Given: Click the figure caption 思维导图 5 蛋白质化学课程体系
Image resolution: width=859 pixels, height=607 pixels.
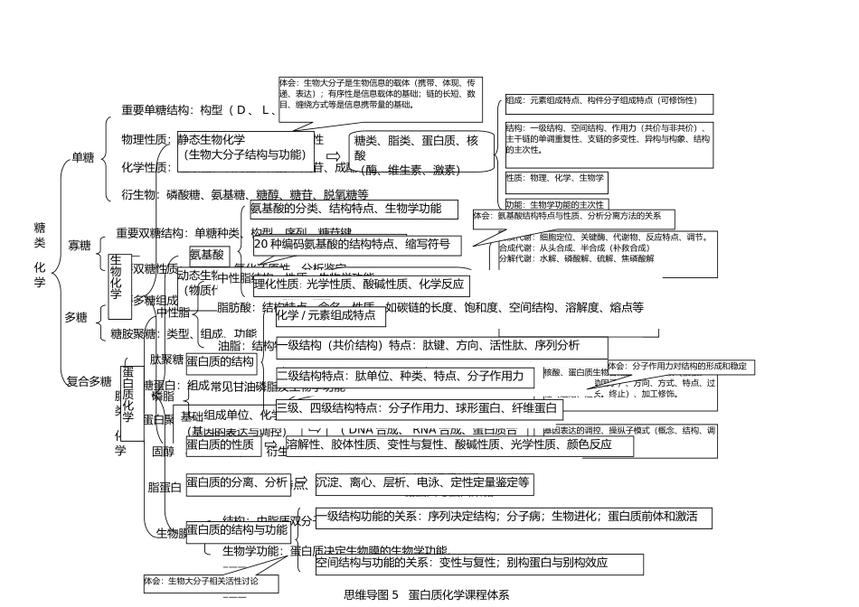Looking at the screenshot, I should click(x=428, y=594).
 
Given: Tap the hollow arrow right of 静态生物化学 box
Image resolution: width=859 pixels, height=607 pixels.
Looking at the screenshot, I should click(x=333, y=155).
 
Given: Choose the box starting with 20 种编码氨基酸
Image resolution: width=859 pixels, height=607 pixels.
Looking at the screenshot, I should click(x=356, y=244).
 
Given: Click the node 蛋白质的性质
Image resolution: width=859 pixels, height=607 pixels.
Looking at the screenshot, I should click(x=221, y=444).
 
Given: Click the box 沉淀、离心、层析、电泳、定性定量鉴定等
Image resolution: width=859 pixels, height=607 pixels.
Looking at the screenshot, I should click(x=422, y=483).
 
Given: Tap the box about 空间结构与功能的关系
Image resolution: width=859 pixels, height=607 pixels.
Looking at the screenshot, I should click(x=479, y=564).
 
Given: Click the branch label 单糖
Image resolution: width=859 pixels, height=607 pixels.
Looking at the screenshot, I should click(x=83, y=158).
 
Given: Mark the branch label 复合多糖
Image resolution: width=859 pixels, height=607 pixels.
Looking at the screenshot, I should click(x=90, y=381).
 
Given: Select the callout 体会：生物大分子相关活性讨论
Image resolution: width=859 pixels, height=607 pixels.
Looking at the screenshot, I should click(x=210, y=583).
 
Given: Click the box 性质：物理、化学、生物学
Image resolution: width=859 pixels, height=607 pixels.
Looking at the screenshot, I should click(x=555, y=178).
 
